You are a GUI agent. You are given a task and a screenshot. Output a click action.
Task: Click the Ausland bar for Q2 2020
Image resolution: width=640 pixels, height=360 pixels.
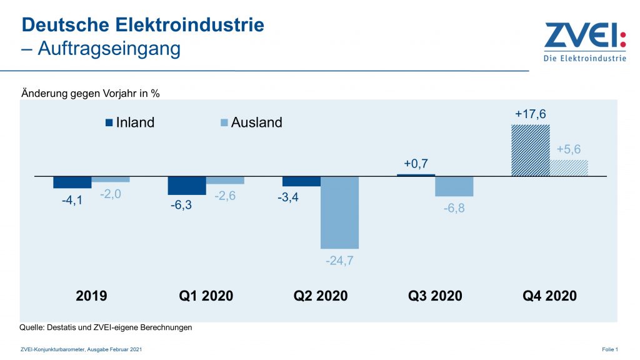click(339, 212)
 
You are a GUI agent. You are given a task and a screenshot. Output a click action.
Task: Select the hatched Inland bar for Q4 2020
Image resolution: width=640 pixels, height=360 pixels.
click(531, 150)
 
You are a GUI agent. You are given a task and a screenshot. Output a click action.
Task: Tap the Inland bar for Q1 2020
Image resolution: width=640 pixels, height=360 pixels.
click(187, 186)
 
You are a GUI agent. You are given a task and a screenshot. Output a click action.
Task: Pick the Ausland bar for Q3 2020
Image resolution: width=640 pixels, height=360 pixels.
click(454, 186)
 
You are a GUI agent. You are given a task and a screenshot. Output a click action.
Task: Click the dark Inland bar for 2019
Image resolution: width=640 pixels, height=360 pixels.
click(72, 182)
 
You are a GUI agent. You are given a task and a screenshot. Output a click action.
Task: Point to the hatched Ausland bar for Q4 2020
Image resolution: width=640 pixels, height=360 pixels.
click(569, 168)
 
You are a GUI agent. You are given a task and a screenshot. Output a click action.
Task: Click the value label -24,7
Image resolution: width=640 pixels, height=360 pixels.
click(339, 261)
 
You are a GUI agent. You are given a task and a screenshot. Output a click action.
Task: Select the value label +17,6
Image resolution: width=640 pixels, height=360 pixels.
click(531, 114)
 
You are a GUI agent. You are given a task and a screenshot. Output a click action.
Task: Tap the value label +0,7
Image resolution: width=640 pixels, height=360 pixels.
click(416, 164)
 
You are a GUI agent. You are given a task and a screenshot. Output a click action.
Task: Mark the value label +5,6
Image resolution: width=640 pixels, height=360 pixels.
click(569, 150)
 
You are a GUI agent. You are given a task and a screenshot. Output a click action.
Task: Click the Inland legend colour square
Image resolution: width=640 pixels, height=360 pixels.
click(109, 122)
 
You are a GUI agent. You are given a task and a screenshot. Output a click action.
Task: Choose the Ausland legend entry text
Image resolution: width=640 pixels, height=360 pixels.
click(256, 122)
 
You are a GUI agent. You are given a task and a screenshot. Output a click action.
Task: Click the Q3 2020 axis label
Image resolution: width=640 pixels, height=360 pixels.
click(435, 296)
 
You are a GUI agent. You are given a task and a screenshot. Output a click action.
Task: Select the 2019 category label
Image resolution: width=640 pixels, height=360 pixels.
click(91, 296)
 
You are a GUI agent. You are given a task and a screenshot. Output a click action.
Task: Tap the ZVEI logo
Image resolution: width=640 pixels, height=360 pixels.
click(584, 42)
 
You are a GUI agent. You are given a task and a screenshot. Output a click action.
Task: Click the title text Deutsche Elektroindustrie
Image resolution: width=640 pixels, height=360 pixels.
click(143, 25)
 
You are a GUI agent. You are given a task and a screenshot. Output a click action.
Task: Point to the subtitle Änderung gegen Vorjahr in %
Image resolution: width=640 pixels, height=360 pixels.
click(91, 93)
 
